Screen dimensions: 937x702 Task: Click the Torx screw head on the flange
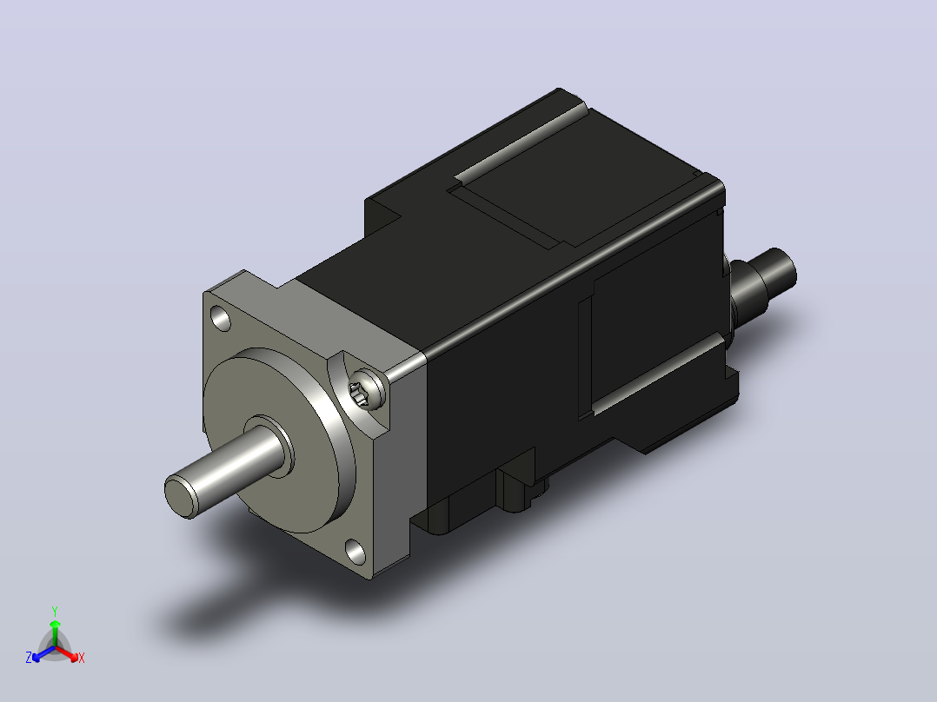366,389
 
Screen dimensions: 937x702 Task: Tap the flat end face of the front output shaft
180,496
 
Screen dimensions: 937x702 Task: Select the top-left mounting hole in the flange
221,319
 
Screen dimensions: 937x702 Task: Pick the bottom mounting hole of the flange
356,552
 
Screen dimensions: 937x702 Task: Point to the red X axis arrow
67,652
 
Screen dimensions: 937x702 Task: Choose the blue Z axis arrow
43,653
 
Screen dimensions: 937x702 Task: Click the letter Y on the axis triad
55,611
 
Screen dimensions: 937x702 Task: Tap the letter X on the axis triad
82,658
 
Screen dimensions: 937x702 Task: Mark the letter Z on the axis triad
29,658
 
